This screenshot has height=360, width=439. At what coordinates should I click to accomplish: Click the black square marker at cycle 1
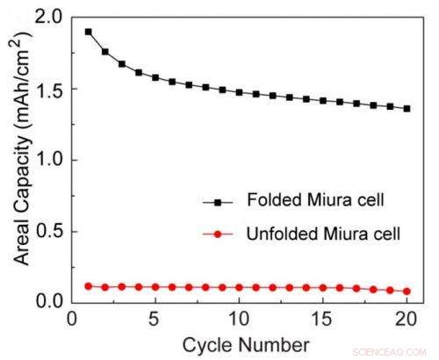coord(89,32)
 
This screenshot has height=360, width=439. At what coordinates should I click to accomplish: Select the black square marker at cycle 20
coord(407,109)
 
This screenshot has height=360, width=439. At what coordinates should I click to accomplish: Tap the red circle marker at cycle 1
coord(89,285)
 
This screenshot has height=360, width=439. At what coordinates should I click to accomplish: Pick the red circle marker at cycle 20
coord(407,291)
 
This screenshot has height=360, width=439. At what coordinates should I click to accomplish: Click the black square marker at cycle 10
coord(240,91)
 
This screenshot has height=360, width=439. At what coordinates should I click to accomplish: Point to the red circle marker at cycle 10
coord(240,287)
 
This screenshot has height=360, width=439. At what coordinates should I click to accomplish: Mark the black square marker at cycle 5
coord(155,77)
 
